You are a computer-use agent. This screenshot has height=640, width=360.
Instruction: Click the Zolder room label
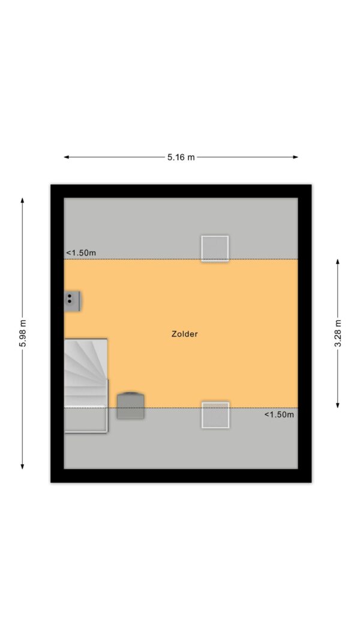click(x=184, y=334)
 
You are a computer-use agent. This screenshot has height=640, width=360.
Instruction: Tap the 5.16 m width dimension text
click(x=181, y=157)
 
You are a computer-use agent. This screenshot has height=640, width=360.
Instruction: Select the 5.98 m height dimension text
click(x=22, y=333)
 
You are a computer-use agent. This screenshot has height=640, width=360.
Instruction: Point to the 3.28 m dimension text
click(x=338, y=333)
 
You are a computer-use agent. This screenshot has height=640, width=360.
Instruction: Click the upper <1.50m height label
click(x=81, y=253)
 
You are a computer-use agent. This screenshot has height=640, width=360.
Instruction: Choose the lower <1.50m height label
click(x=279, y=414)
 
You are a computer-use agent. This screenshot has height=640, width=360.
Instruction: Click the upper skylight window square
click(x=215, y=248)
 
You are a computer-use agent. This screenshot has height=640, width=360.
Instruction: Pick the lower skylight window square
click(x=215, y=415)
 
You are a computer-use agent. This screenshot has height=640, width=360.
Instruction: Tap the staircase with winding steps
click(x=86, y=372)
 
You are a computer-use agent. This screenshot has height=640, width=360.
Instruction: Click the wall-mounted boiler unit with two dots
click(x=72, y=301)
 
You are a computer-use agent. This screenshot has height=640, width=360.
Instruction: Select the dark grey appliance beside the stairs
click(x=131, y=405)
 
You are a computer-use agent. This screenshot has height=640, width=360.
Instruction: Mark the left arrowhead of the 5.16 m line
click(x=66, y=157)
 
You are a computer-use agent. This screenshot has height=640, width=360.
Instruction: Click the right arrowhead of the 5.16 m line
click(x=296, y=157)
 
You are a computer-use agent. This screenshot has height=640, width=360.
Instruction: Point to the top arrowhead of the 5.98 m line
click(x=22, y=200)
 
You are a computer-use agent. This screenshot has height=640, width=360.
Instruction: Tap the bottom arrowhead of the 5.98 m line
click(x=22, y=467)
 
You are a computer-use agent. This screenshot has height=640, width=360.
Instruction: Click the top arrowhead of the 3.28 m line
click(x=338, y=262)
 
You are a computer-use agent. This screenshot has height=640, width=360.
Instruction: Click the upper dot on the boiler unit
click(x=70, y=296)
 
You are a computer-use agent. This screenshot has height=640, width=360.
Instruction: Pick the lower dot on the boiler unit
click(x=70, y=302)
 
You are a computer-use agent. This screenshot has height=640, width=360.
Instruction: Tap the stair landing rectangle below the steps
click(x=86, y=420)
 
